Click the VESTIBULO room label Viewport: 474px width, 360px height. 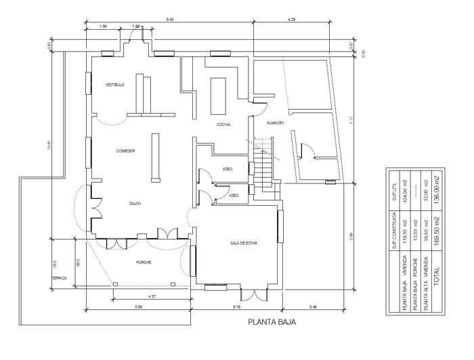click(x=114, y=85)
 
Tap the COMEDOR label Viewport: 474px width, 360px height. click(x=125, y=151)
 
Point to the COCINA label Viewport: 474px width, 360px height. click(x=224, y=125)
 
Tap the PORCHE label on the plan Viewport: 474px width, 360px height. click(x=144, y=263)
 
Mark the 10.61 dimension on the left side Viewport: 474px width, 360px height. click(x=49, y=145)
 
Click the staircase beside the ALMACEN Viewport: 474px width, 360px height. click(x=265, y=164)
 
